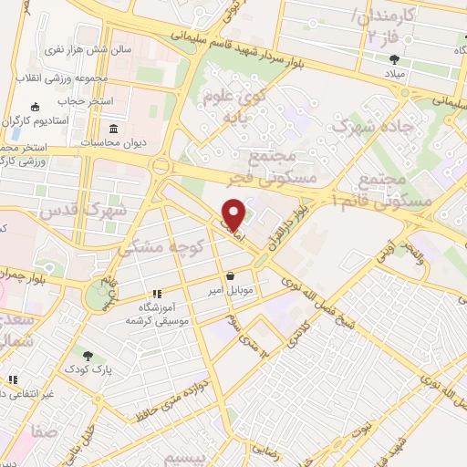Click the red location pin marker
[233, 213]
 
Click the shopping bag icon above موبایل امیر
[230, 276]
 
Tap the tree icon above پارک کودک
[88, 356]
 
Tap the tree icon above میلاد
[393, 57]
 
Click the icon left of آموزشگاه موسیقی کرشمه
[157, 295]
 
